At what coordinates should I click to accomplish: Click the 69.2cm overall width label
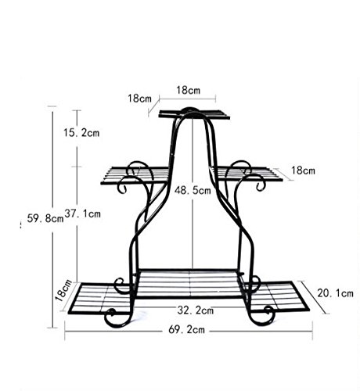tap(187, 330)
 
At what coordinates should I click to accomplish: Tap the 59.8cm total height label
tap(45, 218)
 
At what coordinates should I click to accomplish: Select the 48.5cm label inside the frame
tap(193, 190)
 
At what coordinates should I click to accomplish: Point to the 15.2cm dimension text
tap(81, 133)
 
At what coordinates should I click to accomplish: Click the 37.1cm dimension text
tap(82, 213)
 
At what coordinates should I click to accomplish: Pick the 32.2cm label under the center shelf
tap(196, 310)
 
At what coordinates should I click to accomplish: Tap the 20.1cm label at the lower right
tap(336, 293)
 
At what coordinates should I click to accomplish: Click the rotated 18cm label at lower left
tap(64, 290)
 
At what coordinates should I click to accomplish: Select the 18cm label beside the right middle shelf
tap(303, 170)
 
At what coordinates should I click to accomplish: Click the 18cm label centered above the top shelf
tap(189, 90)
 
